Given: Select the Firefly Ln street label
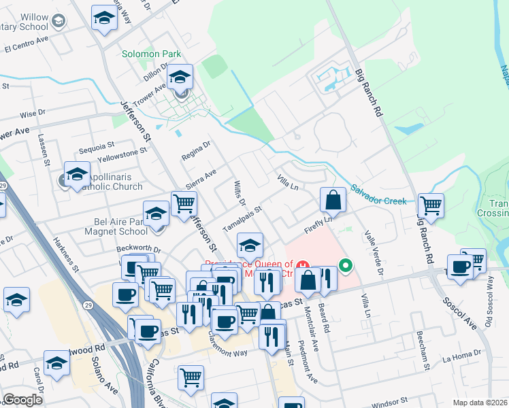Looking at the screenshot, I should (x=321, y=225).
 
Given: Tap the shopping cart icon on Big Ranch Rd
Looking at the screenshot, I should (x=431, y=205).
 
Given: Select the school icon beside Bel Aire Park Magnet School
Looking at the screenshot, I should (x=156, y=214).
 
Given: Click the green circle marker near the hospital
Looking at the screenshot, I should (x=346, y=265).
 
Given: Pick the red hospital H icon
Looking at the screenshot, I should (x=304, y=265).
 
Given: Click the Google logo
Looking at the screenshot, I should (x=22, y=399).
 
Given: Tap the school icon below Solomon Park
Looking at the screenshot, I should (x=180, y=78).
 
